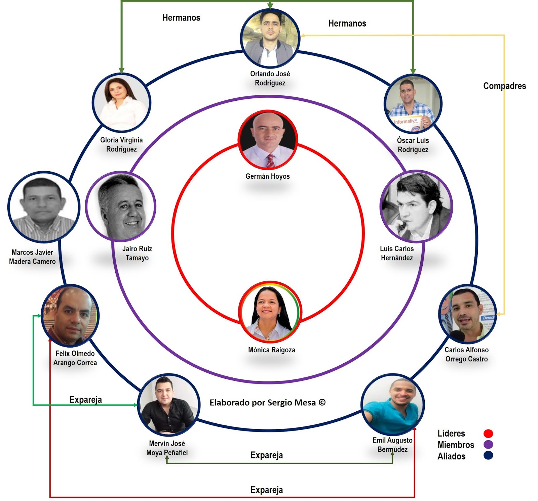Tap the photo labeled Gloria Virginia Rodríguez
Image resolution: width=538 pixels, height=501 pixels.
pos(121,102)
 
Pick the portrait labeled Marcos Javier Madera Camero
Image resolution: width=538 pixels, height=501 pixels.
pos(43,207)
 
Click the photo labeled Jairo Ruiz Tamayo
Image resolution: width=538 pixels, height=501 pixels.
pos(121,206)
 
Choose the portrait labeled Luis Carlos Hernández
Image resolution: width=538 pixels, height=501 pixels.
pos(416,206)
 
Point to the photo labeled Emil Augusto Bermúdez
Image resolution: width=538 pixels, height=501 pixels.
pos(392,405)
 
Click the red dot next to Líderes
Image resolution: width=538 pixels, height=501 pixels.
pos(488,434)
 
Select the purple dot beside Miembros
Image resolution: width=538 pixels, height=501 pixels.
pos(488,445)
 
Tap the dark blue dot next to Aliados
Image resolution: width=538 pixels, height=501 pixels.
pos(488,456)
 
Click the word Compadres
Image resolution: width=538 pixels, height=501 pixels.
pos(504,86)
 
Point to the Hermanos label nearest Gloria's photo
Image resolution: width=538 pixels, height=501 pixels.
pos(181,18)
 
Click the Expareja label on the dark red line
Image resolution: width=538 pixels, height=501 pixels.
pos(267,490)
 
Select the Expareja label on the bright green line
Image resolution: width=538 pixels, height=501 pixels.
pos(85,400)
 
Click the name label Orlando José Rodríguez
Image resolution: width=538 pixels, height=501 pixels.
pos(270,78)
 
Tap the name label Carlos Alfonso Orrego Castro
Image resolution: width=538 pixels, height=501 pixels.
pos(466,354)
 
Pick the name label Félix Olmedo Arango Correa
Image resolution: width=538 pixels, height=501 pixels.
pos(75,358)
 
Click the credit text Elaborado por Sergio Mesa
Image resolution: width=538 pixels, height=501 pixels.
pos(267,403)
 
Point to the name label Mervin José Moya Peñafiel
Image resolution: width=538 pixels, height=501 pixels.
pos(167,448)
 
